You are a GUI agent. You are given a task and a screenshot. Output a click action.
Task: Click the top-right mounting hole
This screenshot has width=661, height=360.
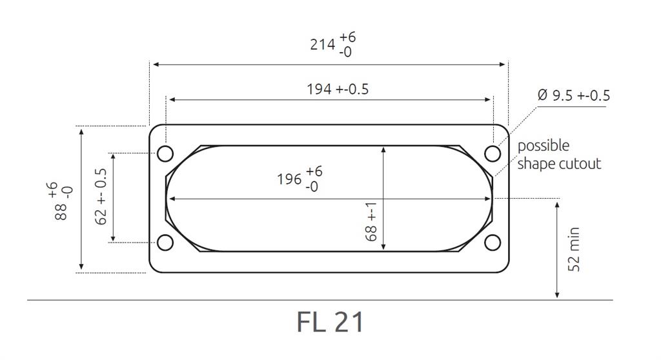(x=493, y=154)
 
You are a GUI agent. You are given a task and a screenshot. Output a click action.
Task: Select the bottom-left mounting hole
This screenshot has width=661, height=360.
(x=165, y=243)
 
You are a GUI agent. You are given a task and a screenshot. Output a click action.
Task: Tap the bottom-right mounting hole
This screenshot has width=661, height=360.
(x=493, y=243)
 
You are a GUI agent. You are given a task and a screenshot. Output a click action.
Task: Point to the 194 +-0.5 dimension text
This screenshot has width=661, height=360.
(x=337, y=89)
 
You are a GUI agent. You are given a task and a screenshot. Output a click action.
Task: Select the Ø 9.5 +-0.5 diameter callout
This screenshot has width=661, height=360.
(x=573, y=95)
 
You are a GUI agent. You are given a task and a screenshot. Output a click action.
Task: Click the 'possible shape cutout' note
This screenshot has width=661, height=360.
(x=558, y=155)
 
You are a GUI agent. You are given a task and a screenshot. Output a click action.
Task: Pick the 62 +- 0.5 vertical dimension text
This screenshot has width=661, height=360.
(x=101, y=197)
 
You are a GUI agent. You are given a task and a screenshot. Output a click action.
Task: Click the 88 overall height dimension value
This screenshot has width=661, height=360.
(x=63, y=201)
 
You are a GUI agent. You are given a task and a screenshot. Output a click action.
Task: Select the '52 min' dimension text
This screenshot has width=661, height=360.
(x=575, y=249)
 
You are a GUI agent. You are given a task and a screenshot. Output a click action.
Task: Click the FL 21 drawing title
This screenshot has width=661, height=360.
(x=330, y=322)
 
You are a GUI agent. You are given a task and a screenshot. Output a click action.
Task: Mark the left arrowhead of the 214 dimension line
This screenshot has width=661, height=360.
(x=156, y=65)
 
